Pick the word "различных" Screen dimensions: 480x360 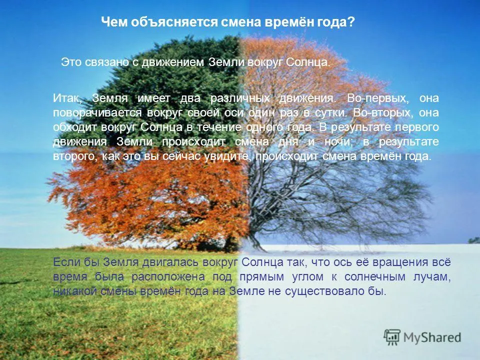point(240,98)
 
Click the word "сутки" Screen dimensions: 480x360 point(331,112)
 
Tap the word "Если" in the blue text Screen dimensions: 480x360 point(65,262)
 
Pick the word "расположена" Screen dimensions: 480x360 point(168,277)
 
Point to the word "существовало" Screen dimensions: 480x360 point(324,291)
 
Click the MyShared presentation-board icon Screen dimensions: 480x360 point(392,337)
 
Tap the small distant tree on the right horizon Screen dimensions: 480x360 point(474,240)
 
